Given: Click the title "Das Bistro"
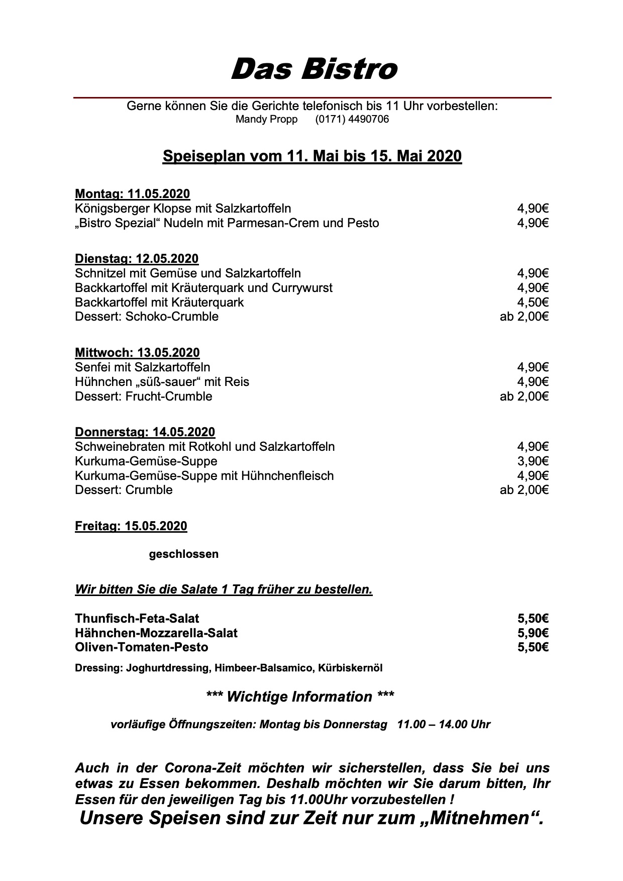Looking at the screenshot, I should pos(314,69).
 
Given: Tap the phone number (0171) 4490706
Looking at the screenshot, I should pos(352,120).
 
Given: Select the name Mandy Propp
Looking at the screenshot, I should pos(266,120).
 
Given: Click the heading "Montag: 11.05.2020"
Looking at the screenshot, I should pos(132,194).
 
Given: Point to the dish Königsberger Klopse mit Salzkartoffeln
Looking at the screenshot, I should pos(183,209).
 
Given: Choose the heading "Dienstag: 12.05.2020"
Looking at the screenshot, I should pos(137,259).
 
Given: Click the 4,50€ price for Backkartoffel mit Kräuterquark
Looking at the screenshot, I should pos(533,303).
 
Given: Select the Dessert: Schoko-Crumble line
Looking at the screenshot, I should pos(147,317).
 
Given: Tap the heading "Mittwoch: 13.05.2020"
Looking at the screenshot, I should pos(137,353).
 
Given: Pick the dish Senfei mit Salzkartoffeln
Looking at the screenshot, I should pos(143,367).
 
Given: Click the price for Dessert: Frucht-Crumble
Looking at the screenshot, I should pos(524,397).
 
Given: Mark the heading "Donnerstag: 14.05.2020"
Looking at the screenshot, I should pos(145,432).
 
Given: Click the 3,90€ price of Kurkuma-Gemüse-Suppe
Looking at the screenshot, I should pos(533,461).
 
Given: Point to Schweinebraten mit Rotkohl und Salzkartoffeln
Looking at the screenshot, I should pos(204,447).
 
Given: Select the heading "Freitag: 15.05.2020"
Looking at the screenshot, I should pos(131,526).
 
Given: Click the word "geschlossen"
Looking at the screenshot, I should pos(184,554).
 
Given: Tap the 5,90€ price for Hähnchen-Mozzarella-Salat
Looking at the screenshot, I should pos(533,633).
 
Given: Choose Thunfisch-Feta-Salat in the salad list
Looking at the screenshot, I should pos(137,618).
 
